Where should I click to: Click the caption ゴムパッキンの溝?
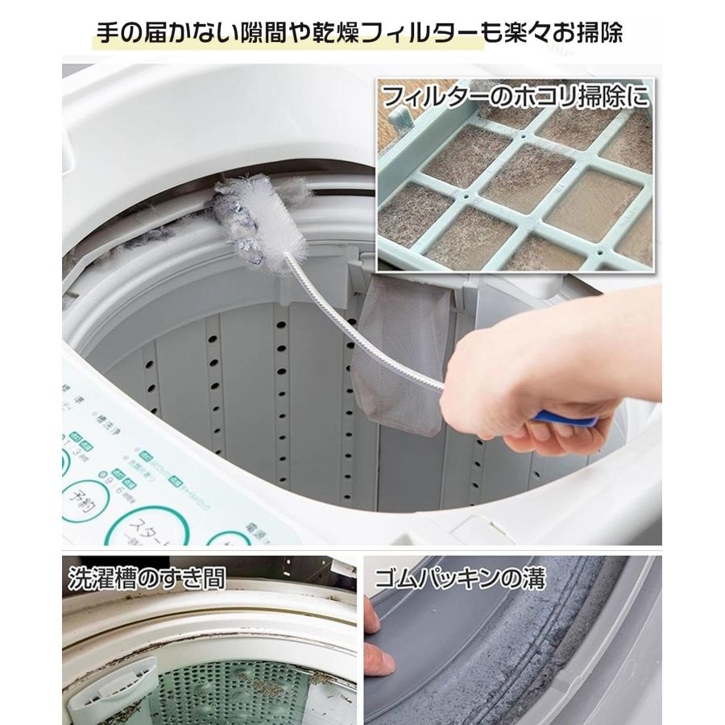[x=460, y=578]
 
